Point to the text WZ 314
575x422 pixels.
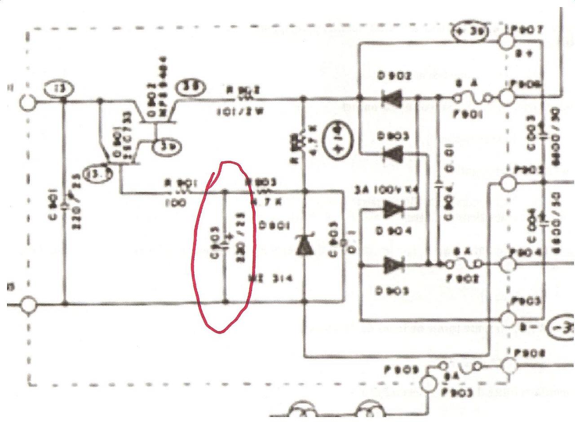270,278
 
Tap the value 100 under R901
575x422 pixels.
177,203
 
